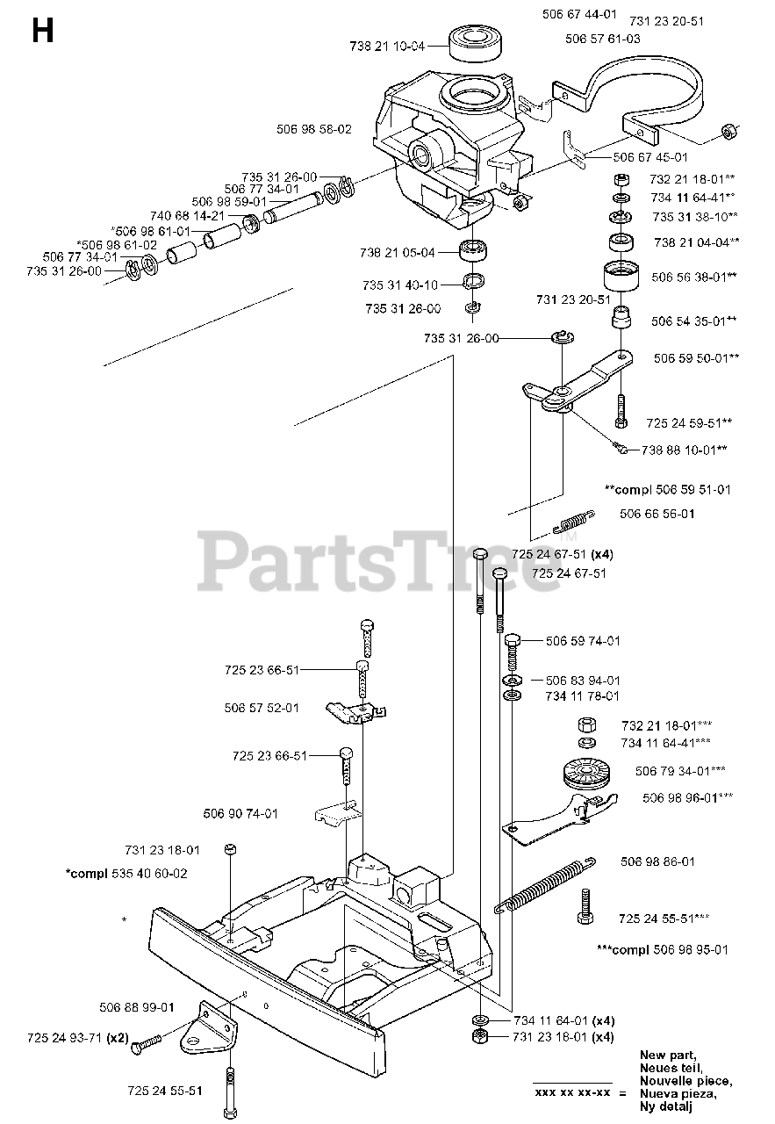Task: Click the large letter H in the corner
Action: pos(41,32)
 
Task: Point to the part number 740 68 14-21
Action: pos(188,216)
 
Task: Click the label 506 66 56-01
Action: pos(657,515)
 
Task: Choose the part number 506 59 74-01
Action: pos(582,641)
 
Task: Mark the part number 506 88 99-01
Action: pos(137,1007)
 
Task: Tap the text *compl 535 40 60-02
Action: pos(126,874)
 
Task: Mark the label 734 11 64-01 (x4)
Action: pos(563,1020)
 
